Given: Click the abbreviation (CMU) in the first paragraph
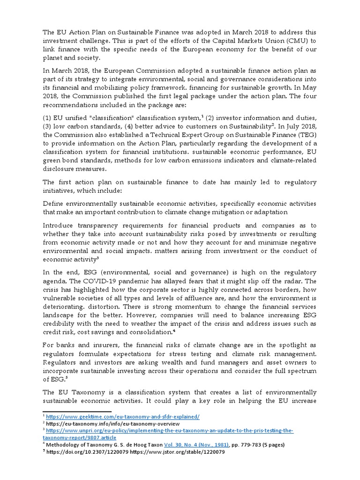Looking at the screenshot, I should tap(303, 41).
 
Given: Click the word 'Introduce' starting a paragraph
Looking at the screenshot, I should tap(59, 225).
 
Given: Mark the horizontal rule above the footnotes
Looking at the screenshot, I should tap(70, 411).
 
